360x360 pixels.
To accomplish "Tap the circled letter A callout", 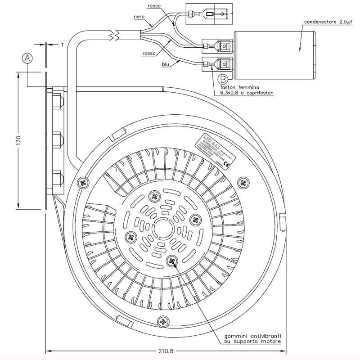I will point(28,58).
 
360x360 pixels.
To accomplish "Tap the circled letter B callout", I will point(222,79).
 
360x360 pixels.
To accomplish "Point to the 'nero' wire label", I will point(139,17).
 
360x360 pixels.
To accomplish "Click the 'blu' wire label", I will point(166,65).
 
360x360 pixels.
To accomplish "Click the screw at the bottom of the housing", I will point(162,321).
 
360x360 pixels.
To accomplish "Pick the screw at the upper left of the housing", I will point(83,183).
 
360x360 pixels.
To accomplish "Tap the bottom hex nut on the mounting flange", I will point(57,178).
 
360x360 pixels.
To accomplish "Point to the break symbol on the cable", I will point(115,34).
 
